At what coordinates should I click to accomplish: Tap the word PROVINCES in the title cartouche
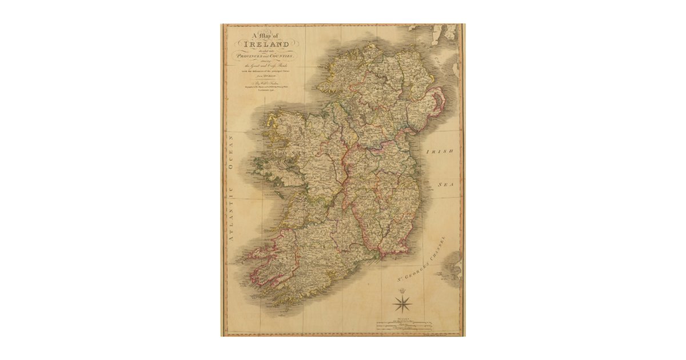pyautogui.click(x=250, y=57)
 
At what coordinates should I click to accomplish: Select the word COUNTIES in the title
pyautogui.click(x=281, y=57)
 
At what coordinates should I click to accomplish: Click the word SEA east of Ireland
pyautogui.click(x=445, y=185)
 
